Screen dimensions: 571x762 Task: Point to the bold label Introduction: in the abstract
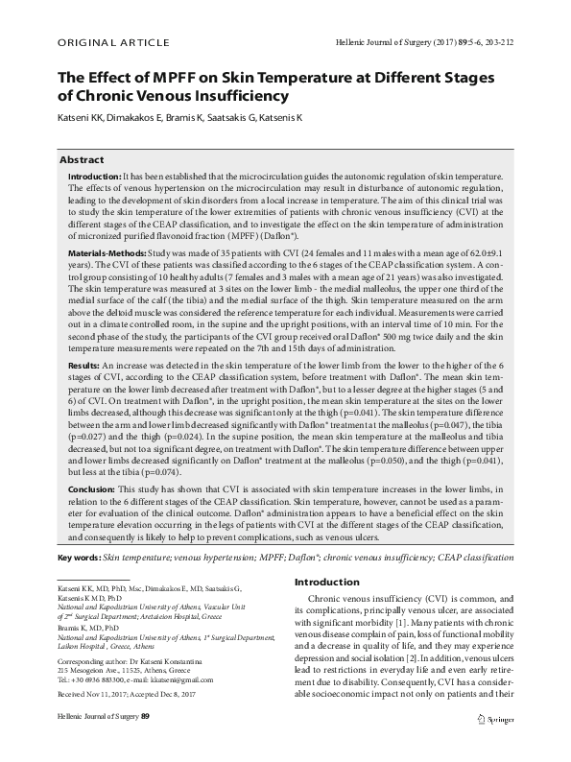[95, 179]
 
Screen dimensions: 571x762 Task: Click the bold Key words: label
[79, 558]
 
